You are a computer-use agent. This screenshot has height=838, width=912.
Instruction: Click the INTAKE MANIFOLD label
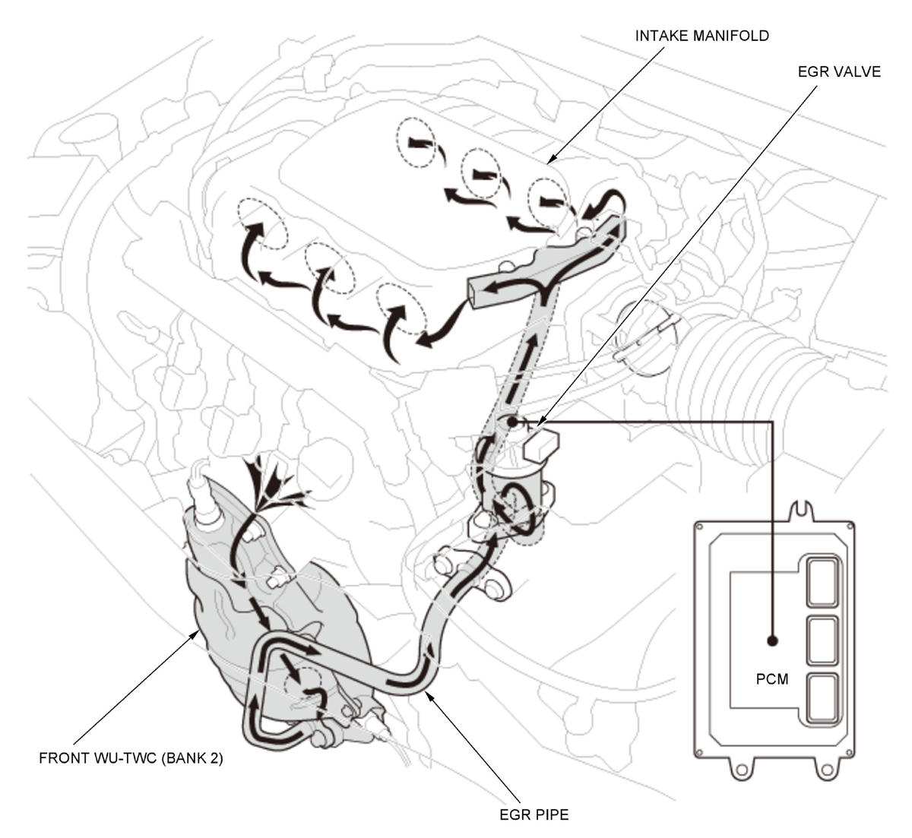coord(702,36)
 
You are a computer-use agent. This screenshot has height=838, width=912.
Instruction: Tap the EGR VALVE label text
coord(839,72)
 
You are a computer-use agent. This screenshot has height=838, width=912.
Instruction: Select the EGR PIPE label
coord(534,815)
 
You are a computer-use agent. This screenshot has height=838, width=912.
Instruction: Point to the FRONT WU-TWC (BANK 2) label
coord(131,758)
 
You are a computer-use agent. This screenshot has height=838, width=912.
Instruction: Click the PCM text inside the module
coord(772,679)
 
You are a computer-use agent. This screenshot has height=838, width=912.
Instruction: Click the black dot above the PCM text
coord(773,640)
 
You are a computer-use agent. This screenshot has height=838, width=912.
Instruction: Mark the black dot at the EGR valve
coord(513,420)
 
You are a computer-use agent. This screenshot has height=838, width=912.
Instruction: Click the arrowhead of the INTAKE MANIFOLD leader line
coord(550,160)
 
